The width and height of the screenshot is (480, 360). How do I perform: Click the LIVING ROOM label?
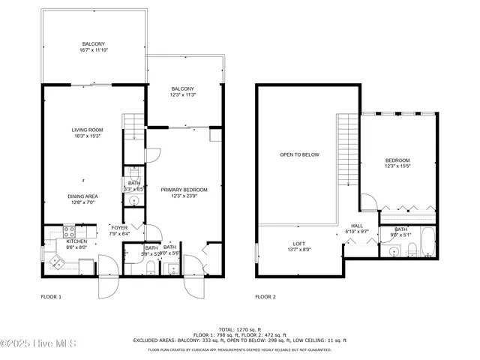point(88,130)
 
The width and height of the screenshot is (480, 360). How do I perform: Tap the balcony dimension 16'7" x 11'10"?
point(94,51)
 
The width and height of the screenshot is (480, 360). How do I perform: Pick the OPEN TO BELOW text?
point(299,154)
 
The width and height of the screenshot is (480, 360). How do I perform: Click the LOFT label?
point(299,244)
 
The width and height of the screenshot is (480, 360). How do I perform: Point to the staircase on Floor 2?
point(349,150)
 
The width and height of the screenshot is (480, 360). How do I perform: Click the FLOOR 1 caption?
point(51,297)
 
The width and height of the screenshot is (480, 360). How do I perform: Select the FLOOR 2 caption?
point(265,297)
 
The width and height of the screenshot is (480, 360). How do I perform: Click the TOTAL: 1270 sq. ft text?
point(239,329)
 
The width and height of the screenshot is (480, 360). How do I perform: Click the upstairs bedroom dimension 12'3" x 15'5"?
point(397,166)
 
